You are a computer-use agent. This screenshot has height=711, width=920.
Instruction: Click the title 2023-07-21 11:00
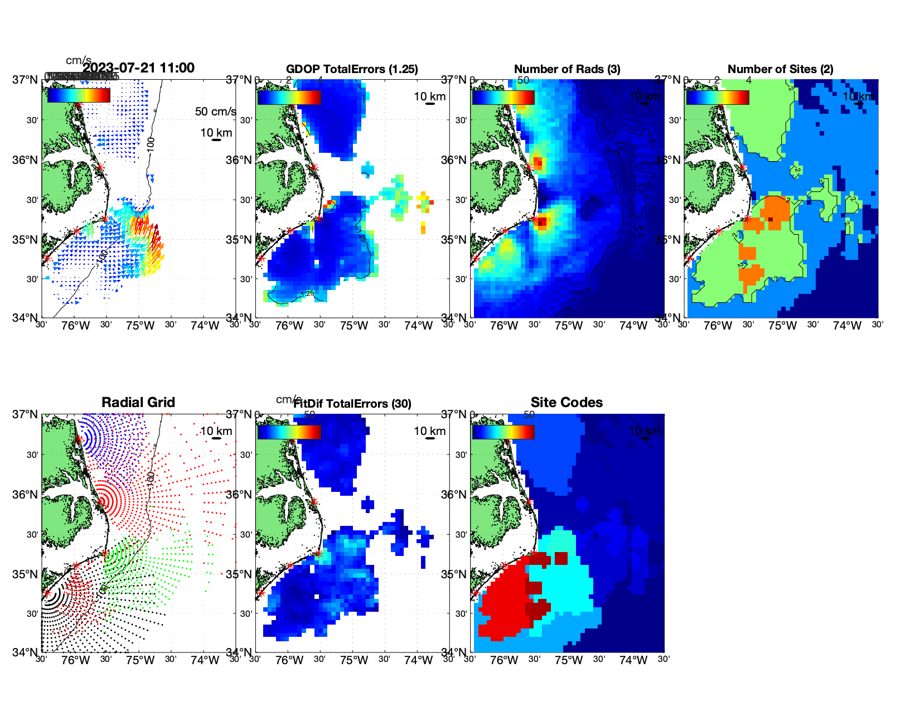coord(138,68)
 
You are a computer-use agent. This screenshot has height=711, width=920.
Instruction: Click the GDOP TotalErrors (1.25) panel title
coord(352,69)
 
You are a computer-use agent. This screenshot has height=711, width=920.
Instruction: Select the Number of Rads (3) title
coord(567,69)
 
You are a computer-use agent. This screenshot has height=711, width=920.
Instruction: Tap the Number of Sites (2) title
coord(780,69)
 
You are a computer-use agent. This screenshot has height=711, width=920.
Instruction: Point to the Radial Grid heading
coord(138,403)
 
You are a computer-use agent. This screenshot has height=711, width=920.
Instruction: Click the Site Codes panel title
coord(566,403)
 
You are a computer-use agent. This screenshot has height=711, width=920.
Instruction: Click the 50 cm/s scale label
coord(215,112)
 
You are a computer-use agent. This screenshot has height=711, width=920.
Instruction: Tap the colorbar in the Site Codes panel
coord(503,432)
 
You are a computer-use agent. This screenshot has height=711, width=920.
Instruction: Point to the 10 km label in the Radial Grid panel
coord(216,431)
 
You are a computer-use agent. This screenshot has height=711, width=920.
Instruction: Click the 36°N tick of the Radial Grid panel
coord(26,495)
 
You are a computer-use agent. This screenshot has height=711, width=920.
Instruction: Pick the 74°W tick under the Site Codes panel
coord(633,660)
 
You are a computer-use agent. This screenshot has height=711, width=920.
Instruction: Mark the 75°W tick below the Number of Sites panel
coord(782,326)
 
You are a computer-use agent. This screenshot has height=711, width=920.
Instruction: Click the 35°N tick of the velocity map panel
coord(26,240)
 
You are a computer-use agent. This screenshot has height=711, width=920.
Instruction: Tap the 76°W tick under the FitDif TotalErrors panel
coord(289,660)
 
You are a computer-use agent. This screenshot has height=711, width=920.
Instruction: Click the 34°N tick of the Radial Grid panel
coord(26,652)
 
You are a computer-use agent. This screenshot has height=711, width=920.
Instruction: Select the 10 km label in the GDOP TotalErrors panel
coord(429,96)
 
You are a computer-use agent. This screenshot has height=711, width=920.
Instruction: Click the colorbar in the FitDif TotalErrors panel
coord(289,432)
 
